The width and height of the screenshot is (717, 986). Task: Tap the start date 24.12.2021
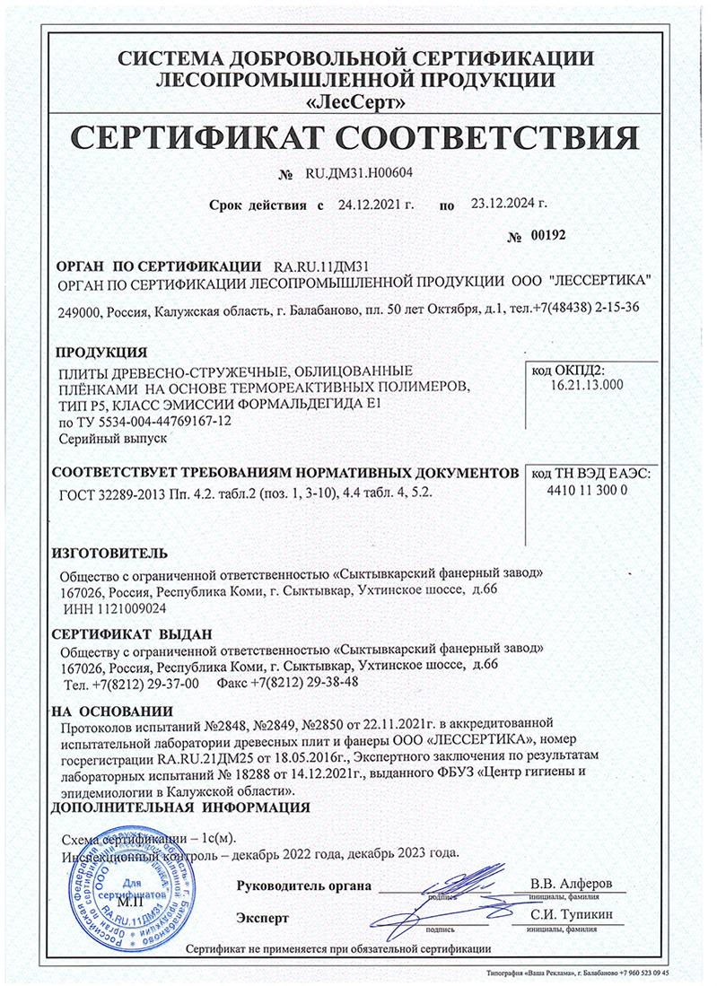click(x=375, y=205)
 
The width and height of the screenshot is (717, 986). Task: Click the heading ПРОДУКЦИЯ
click(x=96, y=351)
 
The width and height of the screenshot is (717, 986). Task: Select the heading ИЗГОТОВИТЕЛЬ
click(x=108, y=549)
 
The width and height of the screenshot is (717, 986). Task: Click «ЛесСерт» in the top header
click(x=357, y=100)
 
